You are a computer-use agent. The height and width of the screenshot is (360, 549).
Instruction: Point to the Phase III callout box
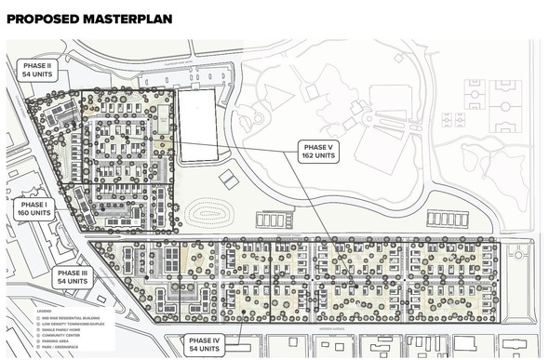click(x=73, y=275)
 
